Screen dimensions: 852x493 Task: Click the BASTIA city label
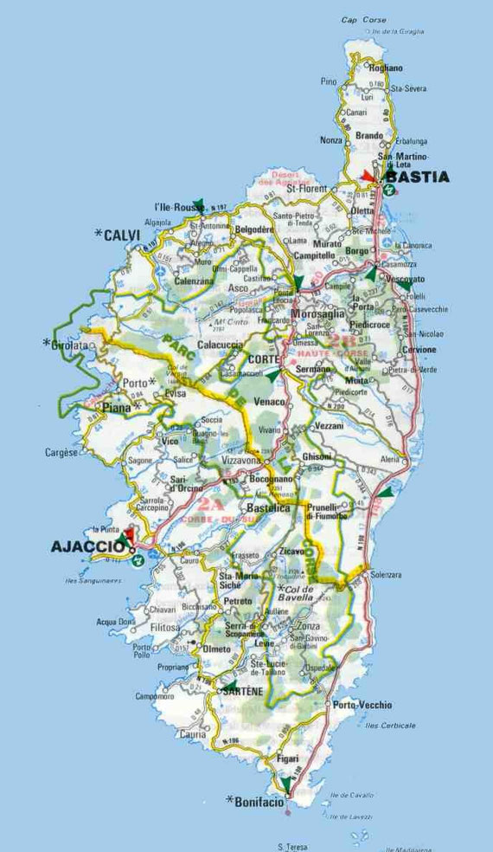coord(417,177)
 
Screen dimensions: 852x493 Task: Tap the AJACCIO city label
coord(88,545)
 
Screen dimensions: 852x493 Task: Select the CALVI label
coord(121,235)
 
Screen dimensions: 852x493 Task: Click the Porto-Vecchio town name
coord(362,705)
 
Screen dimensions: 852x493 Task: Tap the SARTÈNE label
coord(242,693)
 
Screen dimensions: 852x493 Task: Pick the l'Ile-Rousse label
coord(173,207)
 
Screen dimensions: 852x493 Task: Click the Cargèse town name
coord(62,452)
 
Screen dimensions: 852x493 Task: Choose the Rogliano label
coord(386,68)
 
